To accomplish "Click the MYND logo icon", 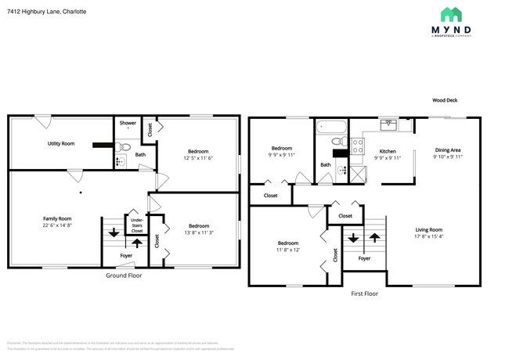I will pos(451,14).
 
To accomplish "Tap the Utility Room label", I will pos(61,144).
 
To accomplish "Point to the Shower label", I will pos(128,124).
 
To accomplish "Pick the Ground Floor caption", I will pos(124,275).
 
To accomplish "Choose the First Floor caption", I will pos(365,293).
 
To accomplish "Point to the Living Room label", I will pos(429,232).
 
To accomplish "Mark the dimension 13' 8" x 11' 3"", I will pos(199,232).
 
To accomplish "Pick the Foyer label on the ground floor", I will pos(126,256).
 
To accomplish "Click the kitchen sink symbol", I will pos(389,123).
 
